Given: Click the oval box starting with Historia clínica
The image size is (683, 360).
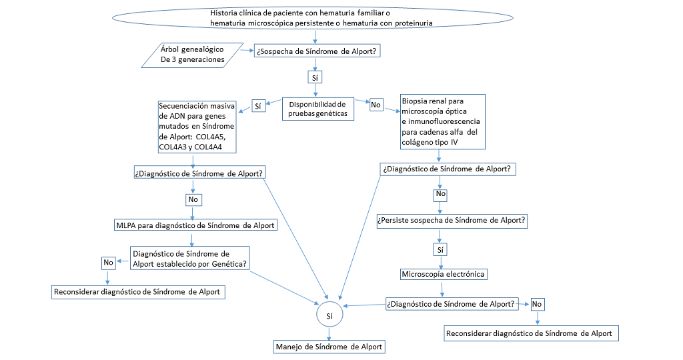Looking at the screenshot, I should (x=313, y=18).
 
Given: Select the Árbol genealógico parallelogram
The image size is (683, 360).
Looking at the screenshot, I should (x=193, y=55).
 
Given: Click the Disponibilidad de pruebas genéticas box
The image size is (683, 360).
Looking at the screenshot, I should (x=316, y=109).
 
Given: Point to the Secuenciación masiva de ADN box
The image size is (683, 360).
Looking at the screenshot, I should (x=195, y=127).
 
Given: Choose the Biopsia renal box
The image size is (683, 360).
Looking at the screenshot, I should (x=442, y=121).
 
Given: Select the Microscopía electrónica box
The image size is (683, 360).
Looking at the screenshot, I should (x=443, y=274).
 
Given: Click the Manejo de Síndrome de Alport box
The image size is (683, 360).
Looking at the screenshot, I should (x=329, y=347).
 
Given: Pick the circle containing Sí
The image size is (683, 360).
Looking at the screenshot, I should (x=329, y=313).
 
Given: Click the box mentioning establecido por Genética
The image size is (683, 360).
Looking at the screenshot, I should (x=190, y=257).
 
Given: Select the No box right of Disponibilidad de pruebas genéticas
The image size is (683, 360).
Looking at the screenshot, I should (x=376, y=104).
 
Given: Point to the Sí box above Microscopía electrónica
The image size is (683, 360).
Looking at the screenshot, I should (x=440, y=249).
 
